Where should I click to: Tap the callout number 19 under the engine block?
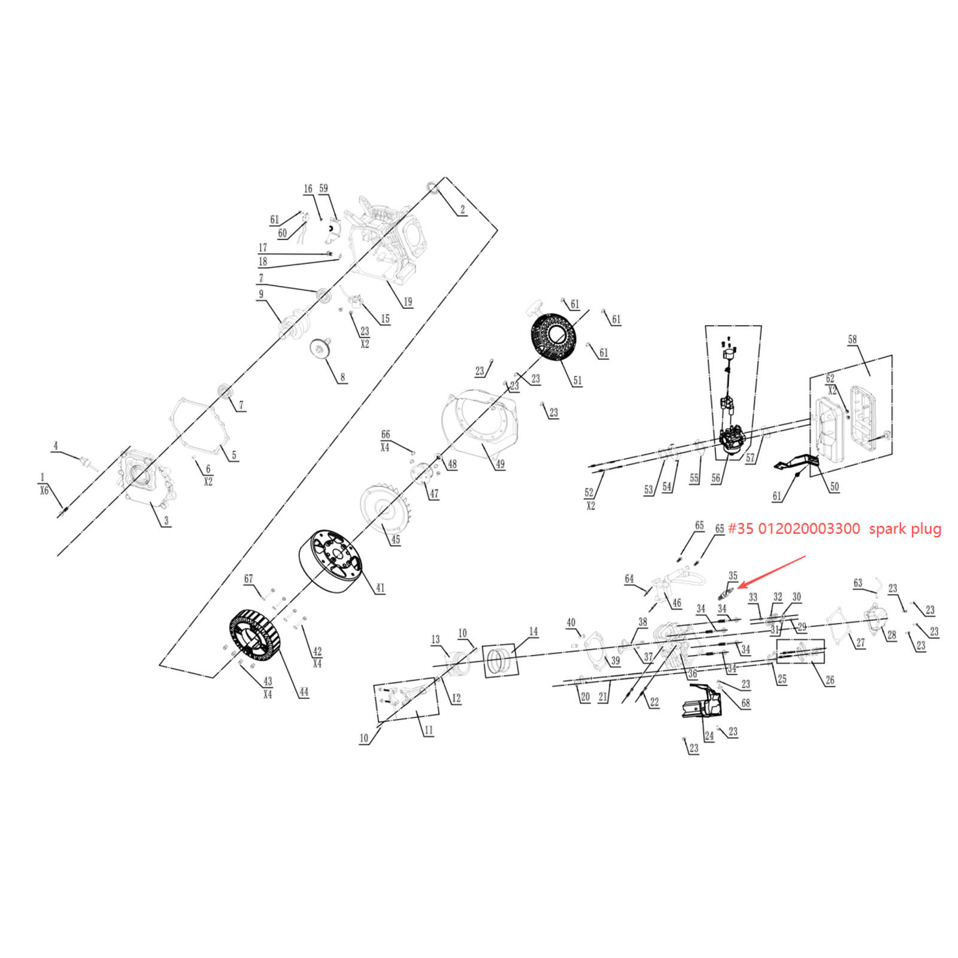(408, 302)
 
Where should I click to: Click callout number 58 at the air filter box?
(852, 339)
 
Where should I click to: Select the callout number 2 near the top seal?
(462, 210)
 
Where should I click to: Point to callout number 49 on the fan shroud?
(500, 464)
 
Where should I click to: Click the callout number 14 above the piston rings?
(533, 632)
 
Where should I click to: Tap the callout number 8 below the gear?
(342, 377)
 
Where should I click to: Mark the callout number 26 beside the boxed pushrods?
(829, 680)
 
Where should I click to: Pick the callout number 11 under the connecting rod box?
(428, 730)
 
